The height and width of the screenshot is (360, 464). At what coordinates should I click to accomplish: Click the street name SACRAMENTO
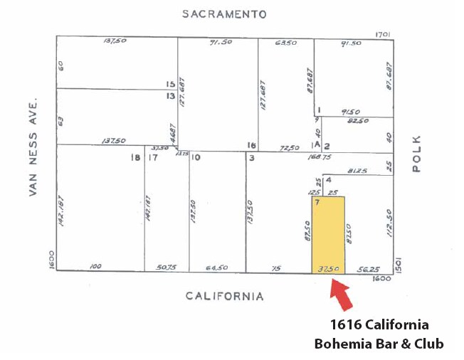[x=223, y=14]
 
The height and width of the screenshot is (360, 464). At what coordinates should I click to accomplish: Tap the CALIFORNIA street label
[x=225, y=296]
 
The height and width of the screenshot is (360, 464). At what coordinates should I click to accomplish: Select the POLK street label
[x=416, y=154]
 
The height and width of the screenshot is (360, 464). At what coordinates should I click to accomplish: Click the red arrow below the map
[x=341, y=295]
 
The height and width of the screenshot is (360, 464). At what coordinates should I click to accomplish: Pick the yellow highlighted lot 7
[x=328, y=235]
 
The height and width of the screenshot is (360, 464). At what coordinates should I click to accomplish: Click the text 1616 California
[x=379, y=325]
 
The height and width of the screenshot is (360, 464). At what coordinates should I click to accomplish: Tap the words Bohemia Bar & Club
[x=379, y=344]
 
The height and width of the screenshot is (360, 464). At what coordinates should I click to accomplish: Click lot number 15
[x=170, y=84]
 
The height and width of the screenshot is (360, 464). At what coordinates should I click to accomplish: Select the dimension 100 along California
[x=95, y=267]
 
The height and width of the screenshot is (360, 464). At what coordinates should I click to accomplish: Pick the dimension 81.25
[x=359, y=171]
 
